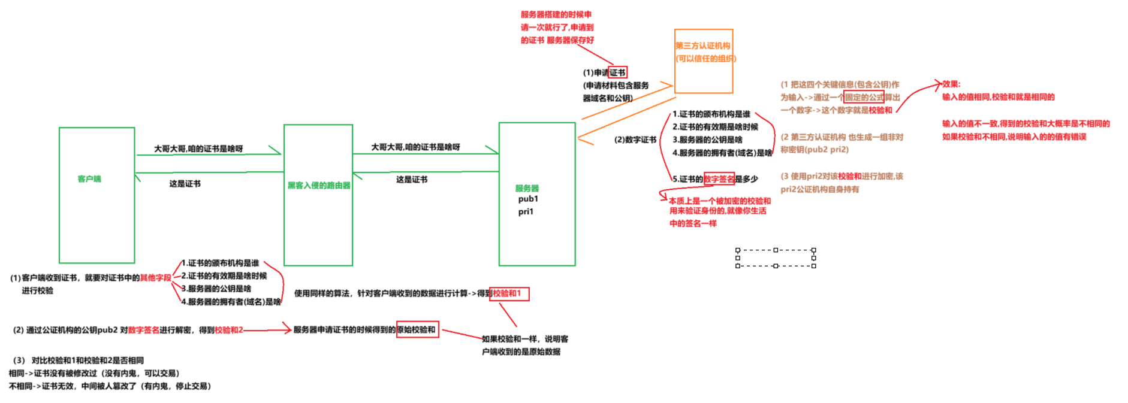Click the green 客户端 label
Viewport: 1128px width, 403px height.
[x=89, y=179]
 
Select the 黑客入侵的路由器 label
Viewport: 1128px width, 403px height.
[x=319, y=186]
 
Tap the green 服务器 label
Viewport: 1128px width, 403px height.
[x=527, y=188]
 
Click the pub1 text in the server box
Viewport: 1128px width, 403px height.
[x=528, y=199]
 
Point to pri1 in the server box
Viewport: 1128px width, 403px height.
[x=526, y=211]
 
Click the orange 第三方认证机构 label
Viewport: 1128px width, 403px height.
[x=702, y=46]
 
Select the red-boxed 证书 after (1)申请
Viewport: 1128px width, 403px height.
[x=617, y=72]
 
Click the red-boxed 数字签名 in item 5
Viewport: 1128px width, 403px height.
[x=719, y=179]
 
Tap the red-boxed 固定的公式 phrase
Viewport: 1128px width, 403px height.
[x=864, y=97]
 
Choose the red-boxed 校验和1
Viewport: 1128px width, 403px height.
[x=509, y=293]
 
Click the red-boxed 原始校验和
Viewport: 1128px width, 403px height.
[x=417, y=329]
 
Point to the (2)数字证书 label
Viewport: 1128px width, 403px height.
[x=635, y=140]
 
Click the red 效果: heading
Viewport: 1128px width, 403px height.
[x=951, y=84]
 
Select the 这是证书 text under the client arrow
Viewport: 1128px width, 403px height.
[x=185, y=184]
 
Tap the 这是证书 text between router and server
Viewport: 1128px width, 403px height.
[x=412, y=179]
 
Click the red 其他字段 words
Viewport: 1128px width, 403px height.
[x=155, y=278]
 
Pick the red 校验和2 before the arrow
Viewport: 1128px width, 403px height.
[x=229, y=330]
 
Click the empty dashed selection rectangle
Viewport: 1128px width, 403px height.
[x=776, y=257]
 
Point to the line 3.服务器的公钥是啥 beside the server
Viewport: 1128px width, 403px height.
[x=707, y=140]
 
